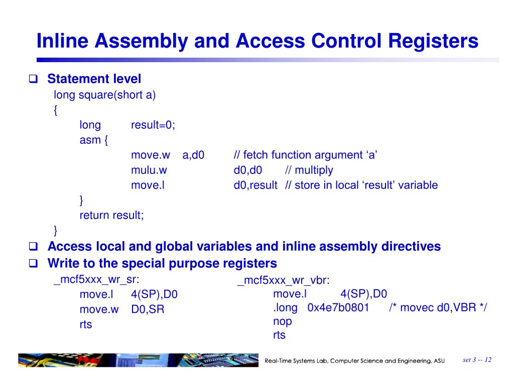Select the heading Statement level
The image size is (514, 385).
[94, 79]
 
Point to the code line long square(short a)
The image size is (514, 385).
[105, 95]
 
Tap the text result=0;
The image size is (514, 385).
[153, 125]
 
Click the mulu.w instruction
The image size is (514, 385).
[149, 170]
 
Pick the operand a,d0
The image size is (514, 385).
[193, 155]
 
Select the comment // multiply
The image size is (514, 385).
[309, 170]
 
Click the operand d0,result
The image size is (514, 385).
[255, 185]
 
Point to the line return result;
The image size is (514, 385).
[111, 216]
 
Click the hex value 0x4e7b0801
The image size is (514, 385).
[338, 308]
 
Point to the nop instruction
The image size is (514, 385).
[282, 321]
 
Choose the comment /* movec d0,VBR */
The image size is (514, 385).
[438, 308]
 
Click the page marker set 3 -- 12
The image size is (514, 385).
[477, 359]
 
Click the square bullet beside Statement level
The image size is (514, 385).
[34, 79]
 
